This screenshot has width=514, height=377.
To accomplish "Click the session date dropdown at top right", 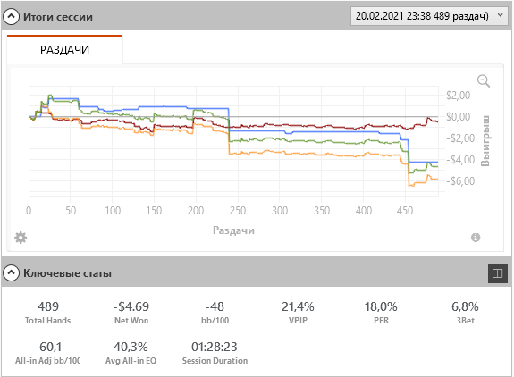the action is pos(429,16).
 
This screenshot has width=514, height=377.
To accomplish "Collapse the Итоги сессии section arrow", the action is pos(12,16).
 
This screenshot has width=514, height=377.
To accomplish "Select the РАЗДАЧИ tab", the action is pos(64,49).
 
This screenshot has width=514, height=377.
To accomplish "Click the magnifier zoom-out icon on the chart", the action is pos(484,81).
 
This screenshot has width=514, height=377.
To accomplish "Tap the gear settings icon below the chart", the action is pos(21,238).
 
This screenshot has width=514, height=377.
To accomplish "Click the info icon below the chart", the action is pos(476,238).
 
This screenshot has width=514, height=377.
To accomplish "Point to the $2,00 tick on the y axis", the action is pos(458,96).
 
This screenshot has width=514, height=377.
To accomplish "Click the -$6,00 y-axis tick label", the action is pos(460,181).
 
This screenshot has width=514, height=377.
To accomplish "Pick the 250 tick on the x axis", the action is pos(238,211).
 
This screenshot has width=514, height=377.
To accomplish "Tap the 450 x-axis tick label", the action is pos(405,211).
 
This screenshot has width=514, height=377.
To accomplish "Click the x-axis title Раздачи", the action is pos(233,230).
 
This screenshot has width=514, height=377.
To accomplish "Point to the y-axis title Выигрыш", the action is pos(485,140).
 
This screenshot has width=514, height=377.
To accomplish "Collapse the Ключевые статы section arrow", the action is pos(12,272).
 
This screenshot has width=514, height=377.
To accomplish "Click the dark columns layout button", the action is pos(497,273).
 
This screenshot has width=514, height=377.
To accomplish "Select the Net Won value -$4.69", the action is pos(131,306).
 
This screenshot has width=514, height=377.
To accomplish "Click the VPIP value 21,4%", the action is pos(298,306).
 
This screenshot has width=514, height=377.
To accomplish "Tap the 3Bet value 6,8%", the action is pos(465,306).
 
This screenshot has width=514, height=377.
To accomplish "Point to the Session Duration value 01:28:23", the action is pos(215,347).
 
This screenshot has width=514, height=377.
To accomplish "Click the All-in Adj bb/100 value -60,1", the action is pos(48,347).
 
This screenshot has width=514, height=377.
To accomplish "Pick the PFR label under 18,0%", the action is pos(381,321).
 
